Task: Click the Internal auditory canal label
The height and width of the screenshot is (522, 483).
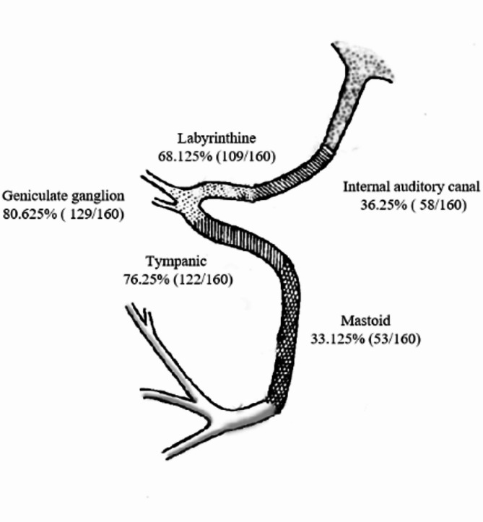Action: [x=411, y=187]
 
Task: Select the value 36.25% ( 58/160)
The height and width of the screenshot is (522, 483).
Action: [x=411, y=205]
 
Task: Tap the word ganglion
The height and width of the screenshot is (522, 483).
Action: [x=100, y=196]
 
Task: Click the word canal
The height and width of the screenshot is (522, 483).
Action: [x=464, y=187]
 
